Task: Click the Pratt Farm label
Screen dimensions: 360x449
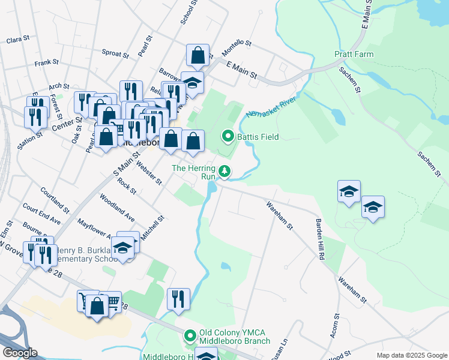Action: point(354,55)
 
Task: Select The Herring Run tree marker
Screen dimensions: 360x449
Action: point(224,172)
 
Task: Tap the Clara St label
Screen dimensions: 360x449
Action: point(17,40)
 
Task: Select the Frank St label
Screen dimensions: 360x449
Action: point(46,62)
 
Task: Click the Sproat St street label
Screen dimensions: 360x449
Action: point(115,53)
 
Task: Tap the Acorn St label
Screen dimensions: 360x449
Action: point(335,325)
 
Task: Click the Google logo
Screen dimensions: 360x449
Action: point(19,353)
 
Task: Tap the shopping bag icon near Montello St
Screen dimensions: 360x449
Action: point(197,56)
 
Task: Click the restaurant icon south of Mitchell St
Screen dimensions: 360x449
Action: point(178,299)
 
